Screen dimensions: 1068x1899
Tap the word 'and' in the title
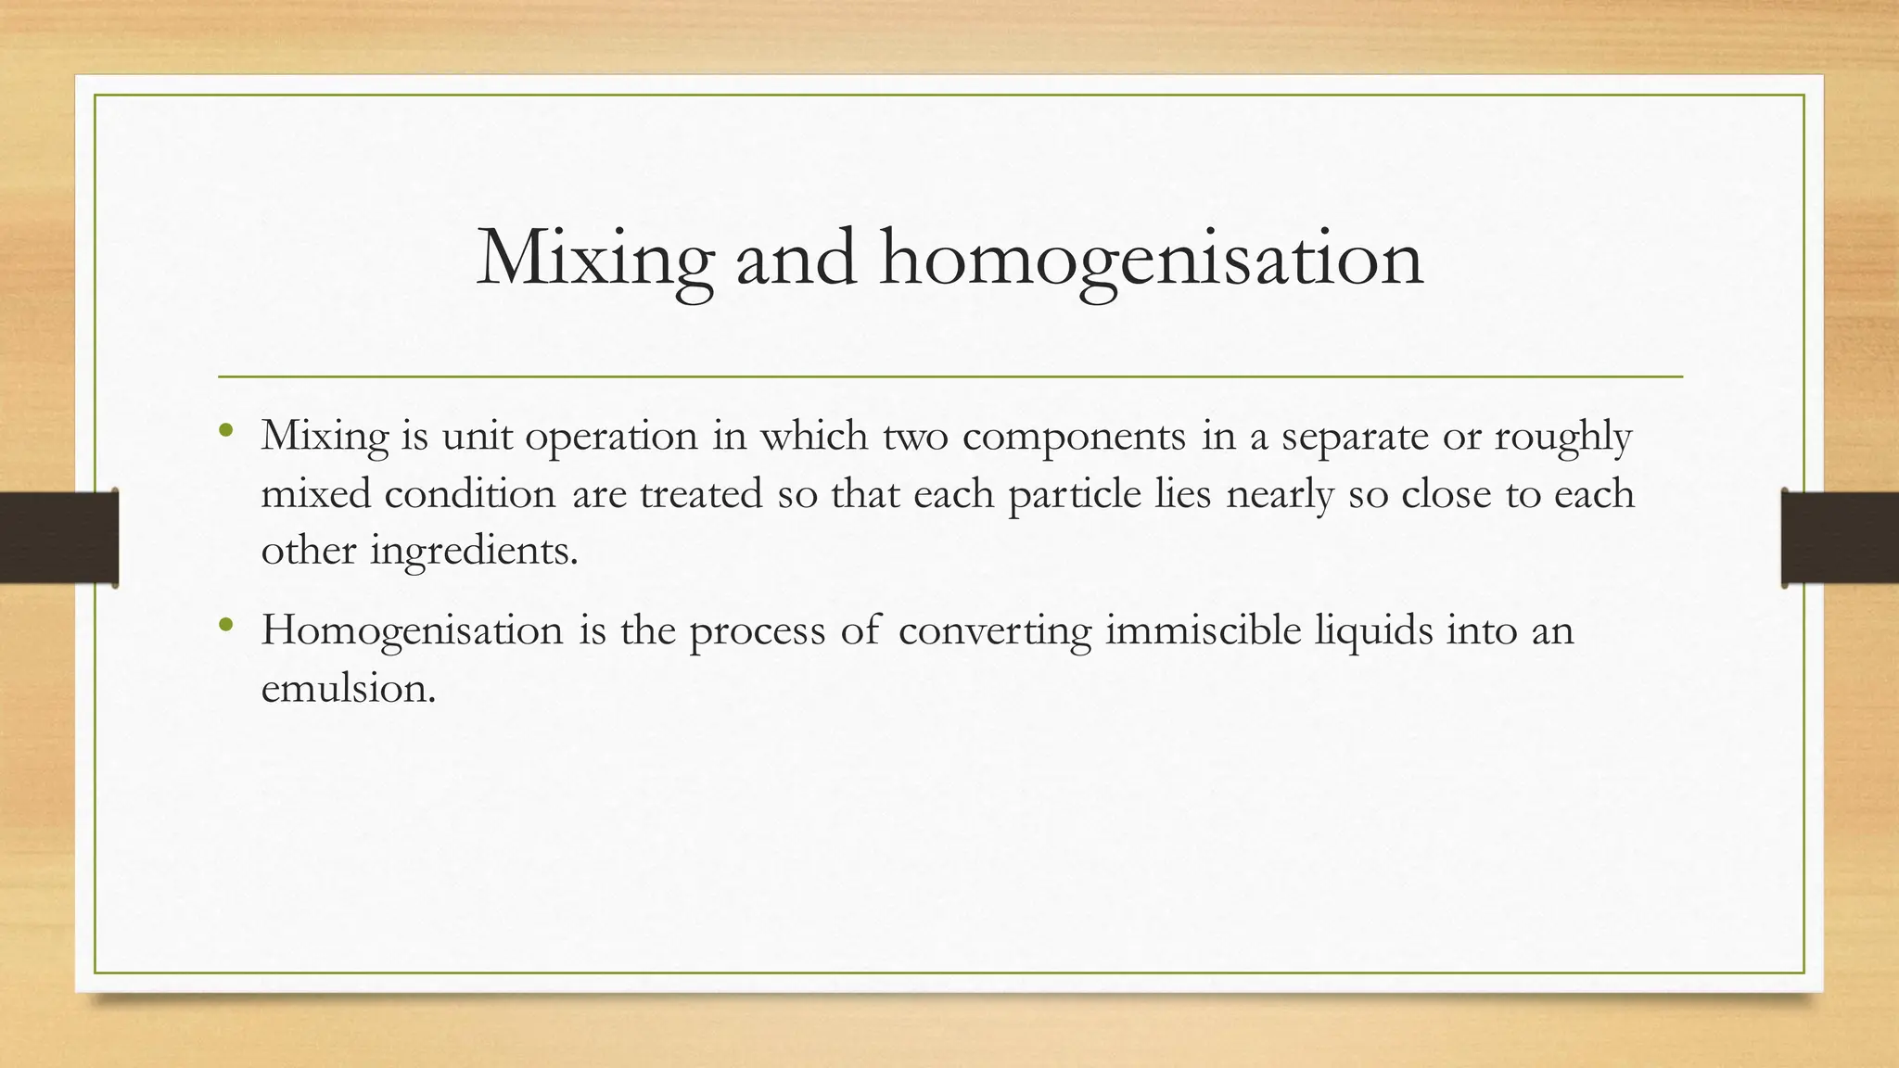[x=796, y=259]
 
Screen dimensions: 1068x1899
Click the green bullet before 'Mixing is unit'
[x=226, y=430]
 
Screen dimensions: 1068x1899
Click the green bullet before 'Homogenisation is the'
[x=226, y=625]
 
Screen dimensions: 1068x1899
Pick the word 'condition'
[x=470, y=493]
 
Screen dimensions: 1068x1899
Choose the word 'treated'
[x=701, y=493]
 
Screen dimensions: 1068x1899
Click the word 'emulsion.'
[x=348, y=688]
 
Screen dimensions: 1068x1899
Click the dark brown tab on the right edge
[x=1841, y=538]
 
